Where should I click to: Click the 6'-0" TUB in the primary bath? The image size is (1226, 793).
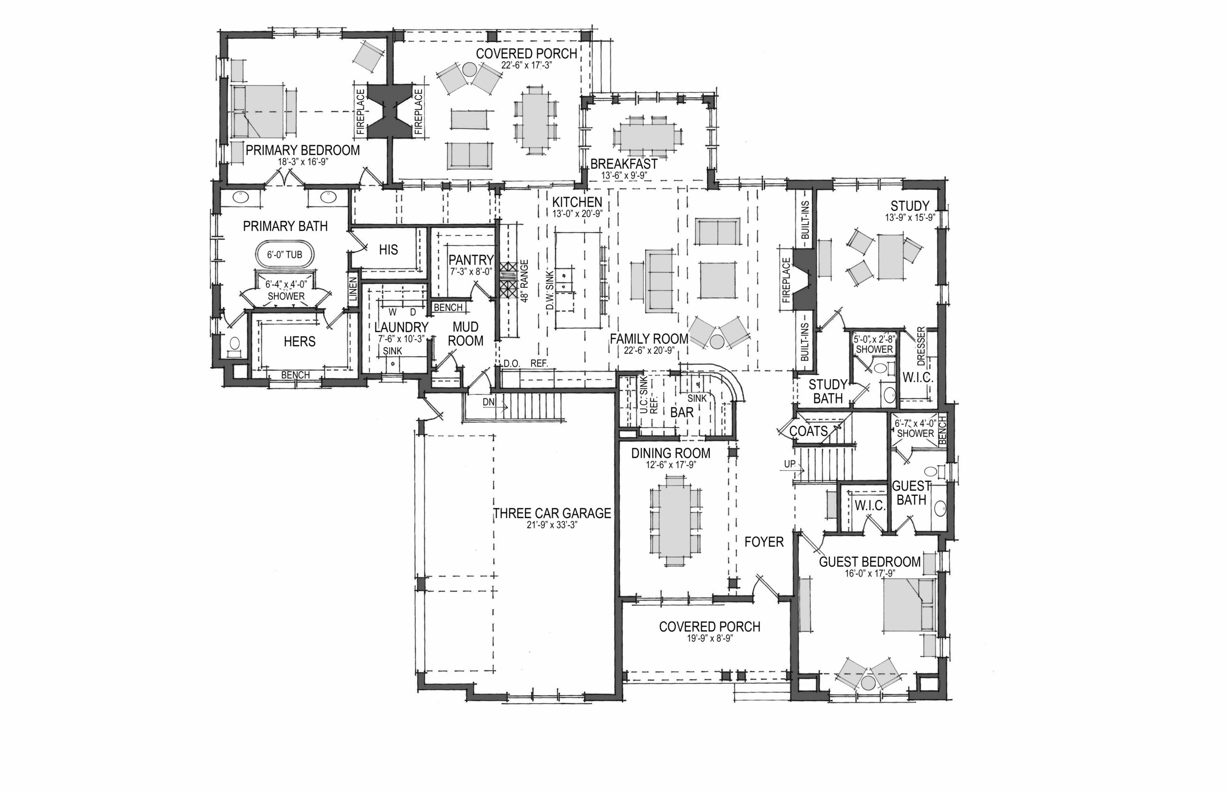coord(284,254)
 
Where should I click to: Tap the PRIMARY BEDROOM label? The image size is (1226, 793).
coord(303,150)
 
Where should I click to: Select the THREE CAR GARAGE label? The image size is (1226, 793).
coord(552,513)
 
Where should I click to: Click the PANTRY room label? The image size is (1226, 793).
coord(471,260)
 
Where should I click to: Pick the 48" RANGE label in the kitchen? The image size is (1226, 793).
coord(525,281)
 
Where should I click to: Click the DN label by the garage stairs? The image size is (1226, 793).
coord(488,402)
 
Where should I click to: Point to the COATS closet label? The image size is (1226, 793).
coord(808,431)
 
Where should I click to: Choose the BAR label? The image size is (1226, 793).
coord(682,412)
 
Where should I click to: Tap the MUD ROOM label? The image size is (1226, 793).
coord(465,334)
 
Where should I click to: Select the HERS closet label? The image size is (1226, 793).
coord(299,341)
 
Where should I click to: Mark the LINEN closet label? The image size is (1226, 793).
coord(352,289)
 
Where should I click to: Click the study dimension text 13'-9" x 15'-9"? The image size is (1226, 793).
coord(910,218)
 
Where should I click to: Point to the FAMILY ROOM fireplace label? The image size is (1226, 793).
coord(786,281)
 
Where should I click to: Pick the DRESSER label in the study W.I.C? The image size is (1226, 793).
coord(921,346)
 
